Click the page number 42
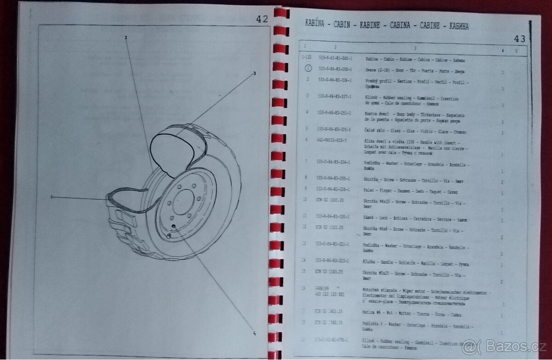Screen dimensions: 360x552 click(262, 19)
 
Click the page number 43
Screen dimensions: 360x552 click(519, 39)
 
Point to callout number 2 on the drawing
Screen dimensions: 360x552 click(126, 37)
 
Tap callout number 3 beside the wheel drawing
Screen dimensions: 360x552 click(254, 74)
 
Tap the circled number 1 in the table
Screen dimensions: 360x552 click(308, 68)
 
